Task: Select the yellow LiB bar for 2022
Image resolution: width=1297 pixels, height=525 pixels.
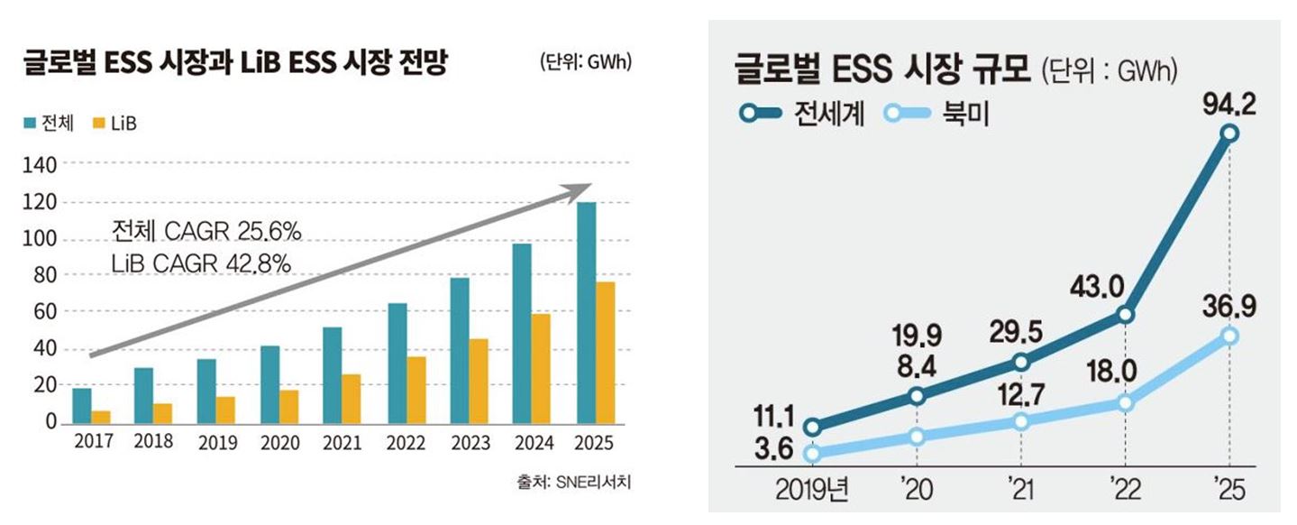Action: [x=416, y=390]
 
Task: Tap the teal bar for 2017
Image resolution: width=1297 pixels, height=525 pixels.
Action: [x=81, y=405]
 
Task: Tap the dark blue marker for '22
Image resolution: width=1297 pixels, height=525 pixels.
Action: [x=1125, y=315]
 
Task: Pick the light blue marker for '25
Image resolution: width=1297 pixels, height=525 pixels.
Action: [x=1230, y=336]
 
